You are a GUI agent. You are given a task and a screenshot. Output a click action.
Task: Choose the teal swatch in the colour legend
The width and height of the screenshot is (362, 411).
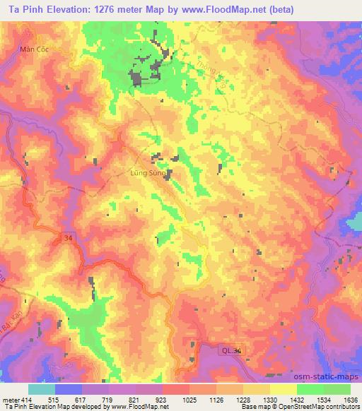coord(42,389)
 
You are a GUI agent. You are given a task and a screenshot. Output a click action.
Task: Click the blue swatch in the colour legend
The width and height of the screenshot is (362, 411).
coord(69,389)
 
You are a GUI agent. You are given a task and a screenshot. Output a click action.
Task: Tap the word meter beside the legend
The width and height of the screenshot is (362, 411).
coord(10,400)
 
